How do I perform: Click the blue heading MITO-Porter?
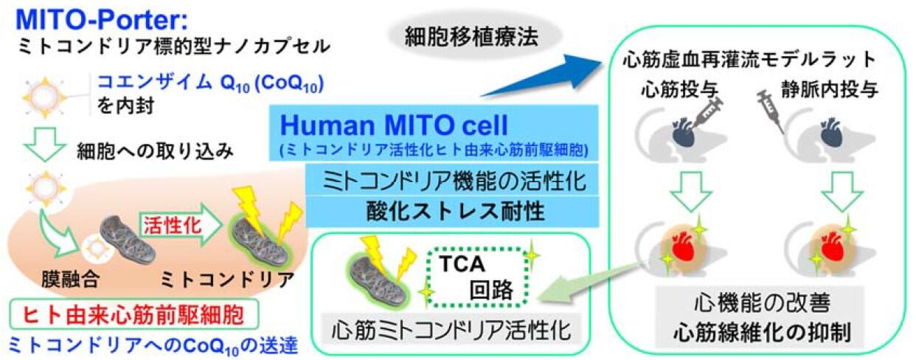pyautogui.click(x=102, y=20)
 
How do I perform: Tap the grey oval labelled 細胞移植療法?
pyautogui.click(x=471, y=37)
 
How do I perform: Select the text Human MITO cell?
pyautogui.click(x=394, y=125)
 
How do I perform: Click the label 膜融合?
pyautogui.click(x=70, y=280)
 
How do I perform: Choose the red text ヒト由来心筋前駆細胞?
pyautogui.click(x=133, y=314)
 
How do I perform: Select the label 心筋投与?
pyautogui.click(x=679, y=89)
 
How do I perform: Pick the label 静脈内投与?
pyautogui.click(x=829, y=89)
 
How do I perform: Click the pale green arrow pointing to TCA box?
pyautogui.click(x=589, y=283)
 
